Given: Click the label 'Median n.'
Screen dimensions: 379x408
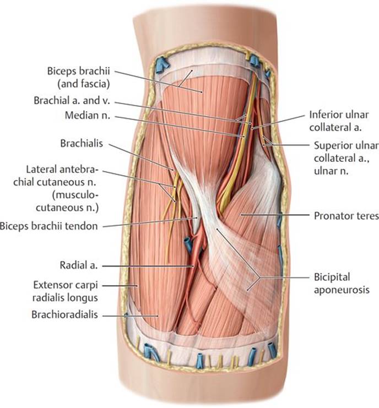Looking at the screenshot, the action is click(88, 115).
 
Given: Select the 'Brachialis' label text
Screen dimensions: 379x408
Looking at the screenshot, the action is click(82, 143).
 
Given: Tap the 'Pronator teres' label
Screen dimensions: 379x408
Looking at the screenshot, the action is click(346, 216).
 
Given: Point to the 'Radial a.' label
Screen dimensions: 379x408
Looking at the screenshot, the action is click(79, 265).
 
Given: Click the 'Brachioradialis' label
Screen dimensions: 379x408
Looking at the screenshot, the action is click(64, 314).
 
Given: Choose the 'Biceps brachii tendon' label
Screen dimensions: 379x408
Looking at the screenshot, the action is click(48, 226).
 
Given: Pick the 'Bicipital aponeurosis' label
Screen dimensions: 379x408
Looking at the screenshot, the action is click(342, 283).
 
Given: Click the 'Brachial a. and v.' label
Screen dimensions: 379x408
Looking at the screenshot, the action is click(72, 100).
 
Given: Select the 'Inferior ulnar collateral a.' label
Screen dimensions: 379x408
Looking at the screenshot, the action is click(339, 121).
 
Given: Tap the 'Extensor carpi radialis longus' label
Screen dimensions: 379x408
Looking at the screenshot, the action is click(65, 291).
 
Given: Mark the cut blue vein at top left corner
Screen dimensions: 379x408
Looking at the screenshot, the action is click(161, 65).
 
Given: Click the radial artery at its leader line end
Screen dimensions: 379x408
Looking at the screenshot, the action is click(193, 266).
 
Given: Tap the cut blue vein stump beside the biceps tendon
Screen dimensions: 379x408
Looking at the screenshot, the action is click(188, 244).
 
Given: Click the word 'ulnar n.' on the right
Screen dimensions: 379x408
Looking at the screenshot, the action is click(331, 171).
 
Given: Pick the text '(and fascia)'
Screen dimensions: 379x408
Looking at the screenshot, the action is click(83, 84).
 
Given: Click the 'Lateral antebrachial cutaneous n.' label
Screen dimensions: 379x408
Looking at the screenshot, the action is click(56, 189).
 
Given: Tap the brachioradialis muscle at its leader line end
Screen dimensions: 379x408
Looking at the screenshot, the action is click(158, 316).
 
